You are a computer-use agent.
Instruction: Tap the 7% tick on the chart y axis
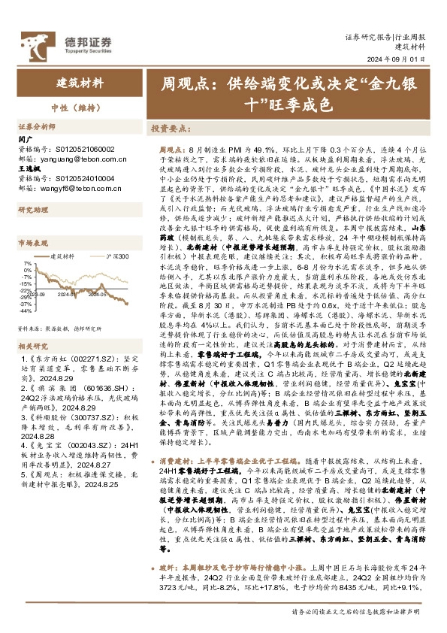[x=28, y=264]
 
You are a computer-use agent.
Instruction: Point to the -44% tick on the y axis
[x=25, y=289]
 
